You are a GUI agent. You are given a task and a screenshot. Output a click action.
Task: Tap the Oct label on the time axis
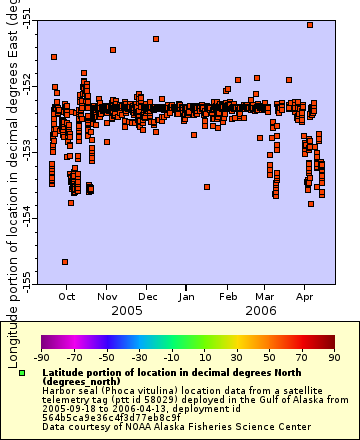pos(67,297)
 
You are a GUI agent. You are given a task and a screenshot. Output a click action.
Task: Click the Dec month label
pos(148,297)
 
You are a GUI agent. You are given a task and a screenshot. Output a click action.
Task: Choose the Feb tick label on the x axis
pos(229,297)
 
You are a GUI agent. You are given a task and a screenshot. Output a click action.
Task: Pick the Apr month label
pos(305,297)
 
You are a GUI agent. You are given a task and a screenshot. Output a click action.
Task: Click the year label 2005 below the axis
pos(127,311)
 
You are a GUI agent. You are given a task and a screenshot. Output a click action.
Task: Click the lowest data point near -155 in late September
pos(65,262)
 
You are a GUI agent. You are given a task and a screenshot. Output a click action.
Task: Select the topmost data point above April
pos(311,25)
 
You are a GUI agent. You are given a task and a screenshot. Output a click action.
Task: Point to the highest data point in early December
pos(156,39)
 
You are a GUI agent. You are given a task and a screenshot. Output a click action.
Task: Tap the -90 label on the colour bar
pos(41,356)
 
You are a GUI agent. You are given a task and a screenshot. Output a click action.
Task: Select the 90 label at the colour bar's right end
pos(333,356)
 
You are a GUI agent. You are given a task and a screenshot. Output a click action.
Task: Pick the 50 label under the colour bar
pos(269,356)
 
